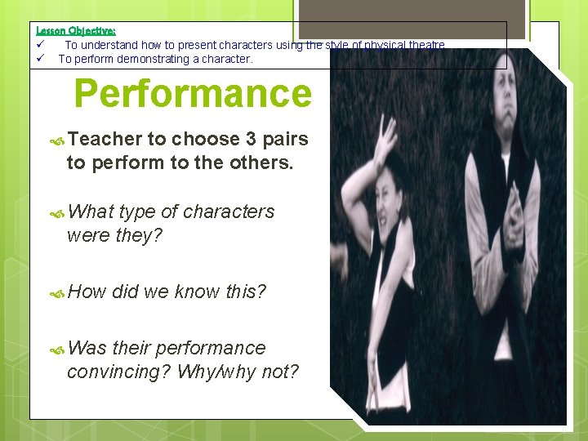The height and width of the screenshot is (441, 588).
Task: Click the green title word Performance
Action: click(193, 94)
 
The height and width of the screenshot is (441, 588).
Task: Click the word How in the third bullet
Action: click(88, 292)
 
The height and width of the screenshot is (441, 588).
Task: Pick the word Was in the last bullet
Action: click(88, 349)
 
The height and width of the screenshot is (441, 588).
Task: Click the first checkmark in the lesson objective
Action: click(39, 45)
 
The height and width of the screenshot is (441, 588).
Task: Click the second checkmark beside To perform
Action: click(39, 59)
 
